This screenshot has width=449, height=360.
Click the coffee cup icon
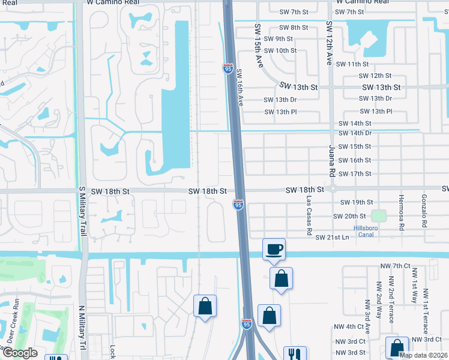[274, 249]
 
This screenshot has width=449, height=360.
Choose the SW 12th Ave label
[329, 43]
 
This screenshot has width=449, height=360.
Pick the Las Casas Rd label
[309, 214]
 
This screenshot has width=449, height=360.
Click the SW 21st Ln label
[332, 238]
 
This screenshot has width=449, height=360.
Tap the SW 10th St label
[280, 50]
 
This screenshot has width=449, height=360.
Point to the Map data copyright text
[423, 355]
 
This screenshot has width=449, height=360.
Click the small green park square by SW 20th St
[378, 215]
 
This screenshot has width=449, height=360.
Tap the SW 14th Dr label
[355, 133]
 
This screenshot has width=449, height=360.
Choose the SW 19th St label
[357, 203]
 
